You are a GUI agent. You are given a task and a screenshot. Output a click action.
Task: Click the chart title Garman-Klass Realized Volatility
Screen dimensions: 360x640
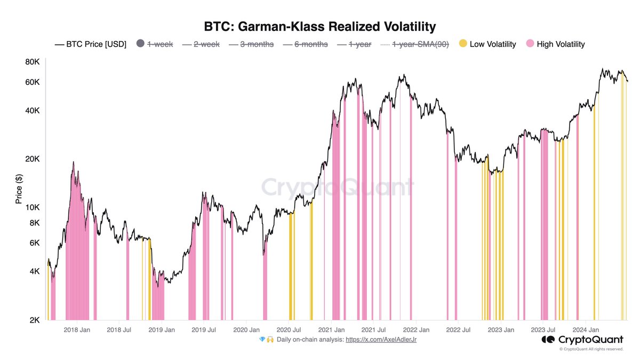(x=320, y=26)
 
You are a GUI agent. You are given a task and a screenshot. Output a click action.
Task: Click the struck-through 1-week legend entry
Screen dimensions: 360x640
(x=159, y=44)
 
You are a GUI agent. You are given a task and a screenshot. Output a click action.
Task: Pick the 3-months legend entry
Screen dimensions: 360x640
(x=257, y=44)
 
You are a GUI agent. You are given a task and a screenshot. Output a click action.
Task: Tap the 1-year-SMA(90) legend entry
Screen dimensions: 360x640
(x=420, y=44)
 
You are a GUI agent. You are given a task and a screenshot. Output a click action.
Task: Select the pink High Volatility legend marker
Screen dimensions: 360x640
(x=530, y=44)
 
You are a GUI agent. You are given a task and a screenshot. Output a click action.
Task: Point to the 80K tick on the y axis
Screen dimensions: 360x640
(x=33, y=62)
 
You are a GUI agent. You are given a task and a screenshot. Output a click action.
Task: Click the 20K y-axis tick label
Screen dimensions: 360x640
(x=33, y=159)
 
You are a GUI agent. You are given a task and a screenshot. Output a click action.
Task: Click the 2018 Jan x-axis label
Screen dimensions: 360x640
(x=77, y=330)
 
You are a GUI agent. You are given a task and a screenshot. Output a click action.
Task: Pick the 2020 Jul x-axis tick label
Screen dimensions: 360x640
(x=290, y=330)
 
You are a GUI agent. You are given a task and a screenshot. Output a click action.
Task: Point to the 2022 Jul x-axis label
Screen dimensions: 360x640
(x=458, y=330)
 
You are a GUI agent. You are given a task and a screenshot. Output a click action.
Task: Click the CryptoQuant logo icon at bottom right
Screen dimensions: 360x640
(x=548, y=340)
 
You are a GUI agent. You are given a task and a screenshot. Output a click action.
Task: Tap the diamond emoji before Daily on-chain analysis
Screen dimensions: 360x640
(x=262, y=339)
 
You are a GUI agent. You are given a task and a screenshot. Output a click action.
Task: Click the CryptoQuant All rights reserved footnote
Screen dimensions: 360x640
(x=591, y=349)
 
